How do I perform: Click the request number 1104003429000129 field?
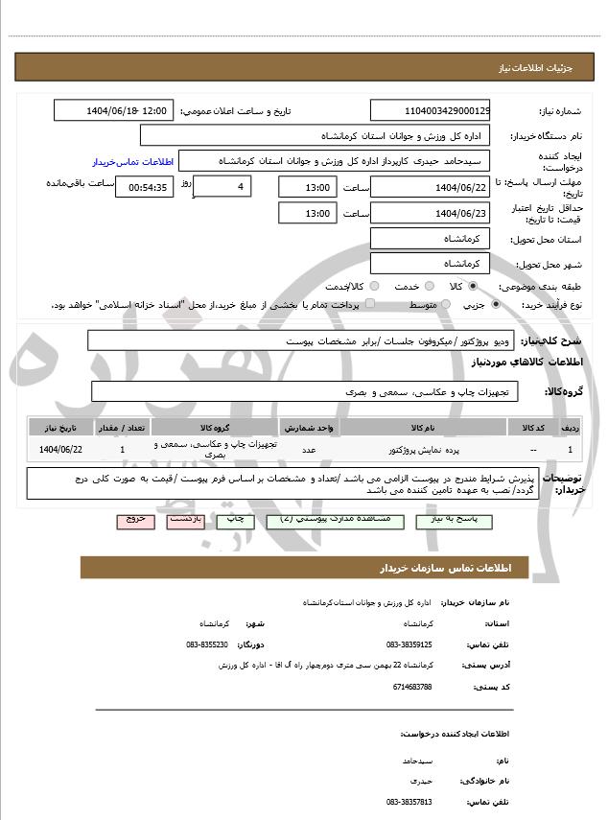(x=430, y=111)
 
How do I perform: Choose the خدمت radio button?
(x=428, y=286)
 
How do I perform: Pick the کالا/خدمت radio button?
(x=374, y=286)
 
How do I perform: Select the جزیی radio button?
(x=495, y=304)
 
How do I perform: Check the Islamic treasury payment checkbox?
(x=370, y=304)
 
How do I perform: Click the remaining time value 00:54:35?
(x=144, y=187)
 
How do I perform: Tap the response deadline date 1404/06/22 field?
(x=430, y=187)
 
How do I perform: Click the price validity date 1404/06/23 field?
(x=430, y=213)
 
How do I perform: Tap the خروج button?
(x=134, y=519)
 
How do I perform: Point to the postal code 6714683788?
(x=411, y=687)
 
